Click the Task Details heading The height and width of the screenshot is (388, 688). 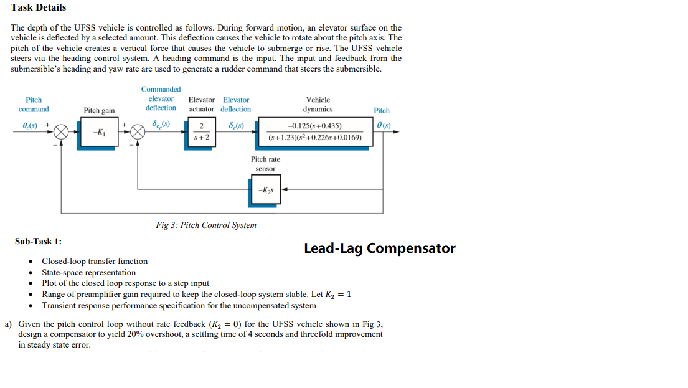(x=38, y=7)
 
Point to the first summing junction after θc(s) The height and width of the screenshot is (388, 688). (x=61, y=133)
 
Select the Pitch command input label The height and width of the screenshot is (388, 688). (x=34, y=105)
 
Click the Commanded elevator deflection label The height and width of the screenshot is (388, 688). (x=161, y=98)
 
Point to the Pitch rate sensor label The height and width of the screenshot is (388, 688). (x=265, y=164)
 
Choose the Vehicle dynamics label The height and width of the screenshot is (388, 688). (x=318, y=104)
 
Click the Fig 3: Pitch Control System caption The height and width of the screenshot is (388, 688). (x=205, y=225)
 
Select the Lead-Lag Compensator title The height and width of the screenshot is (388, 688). (x=379, y=248)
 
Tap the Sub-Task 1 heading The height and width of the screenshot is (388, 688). (x=38, y=241)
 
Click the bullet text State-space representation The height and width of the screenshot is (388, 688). (x=88, y=273)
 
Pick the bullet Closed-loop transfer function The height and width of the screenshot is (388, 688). (x=95, y=262)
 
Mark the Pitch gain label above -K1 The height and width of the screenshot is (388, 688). (x=99, y=111)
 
